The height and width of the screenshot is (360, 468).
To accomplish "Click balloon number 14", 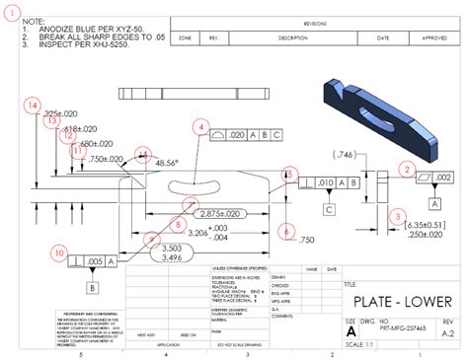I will coord(34,105).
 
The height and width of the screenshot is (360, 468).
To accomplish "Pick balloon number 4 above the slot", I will coord(202,127).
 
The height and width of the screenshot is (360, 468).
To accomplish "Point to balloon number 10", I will coord(59,252).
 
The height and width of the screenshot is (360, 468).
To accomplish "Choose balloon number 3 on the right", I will coord(397,216).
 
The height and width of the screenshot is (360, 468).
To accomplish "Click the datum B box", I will coord(92,287).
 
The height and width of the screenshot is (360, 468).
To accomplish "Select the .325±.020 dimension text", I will coord(63,114).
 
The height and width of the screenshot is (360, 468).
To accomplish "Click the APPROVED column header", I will coord(434,37).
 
